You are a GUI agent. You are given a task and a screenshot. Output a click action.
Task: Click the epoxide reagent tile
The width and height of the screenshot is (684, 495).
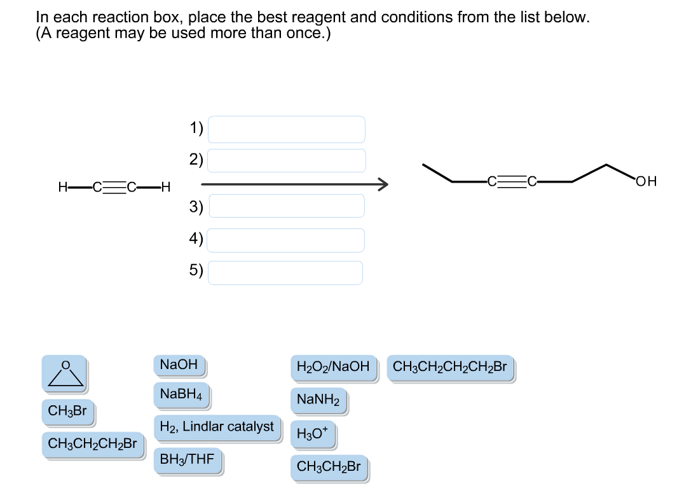(64, 373)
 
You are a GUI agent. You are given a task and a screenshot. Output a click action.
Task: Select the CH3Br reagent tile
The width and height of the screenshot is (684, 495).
(68, 411)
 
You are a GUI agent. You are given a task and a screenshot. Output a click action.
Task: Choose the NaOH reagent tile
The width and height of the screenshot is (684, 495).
(179, 365)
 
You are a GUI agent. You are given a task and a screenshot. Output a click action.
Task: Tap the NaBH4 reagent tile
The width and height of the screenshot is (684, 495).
(181, 394)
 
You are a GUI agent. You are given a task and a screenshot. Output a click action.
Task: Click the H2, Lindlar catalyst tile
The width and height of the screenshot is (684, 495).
(216, 427)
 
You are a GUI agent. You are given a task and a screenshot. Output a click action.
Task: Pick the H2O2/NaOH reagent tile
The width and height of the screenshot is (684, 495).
(332, 367)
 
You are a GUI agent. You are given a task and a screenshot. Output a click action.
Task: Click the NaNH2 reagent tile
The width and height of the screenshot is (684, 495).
(318, 400)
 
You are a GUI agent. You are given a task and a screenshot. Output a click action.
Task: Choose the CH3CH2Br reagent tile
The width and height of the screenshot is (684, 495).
(329, 468)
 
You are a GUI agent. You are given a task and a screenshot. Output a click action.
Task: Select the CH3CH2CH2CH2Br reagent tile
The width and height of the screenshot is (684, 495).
(450, 367)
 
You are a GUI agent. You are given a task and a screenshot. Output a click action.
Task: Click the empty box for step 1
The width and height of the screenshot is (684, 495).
(286, 129)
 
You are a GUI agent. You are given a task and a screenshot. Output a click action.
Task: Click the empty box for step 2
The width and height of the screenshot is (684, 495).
(286, 160)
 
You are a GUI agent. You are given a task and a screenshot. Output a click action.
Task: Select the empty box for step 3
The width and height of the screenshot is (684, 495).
(286, 206)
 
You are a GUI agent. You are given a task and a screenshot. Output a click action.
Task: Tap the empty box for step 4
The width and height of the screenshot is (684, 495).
(286, 240)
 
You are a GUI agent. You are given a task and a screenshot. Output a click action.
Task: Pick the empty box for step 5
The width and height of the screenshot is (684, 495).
(286, 272)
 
